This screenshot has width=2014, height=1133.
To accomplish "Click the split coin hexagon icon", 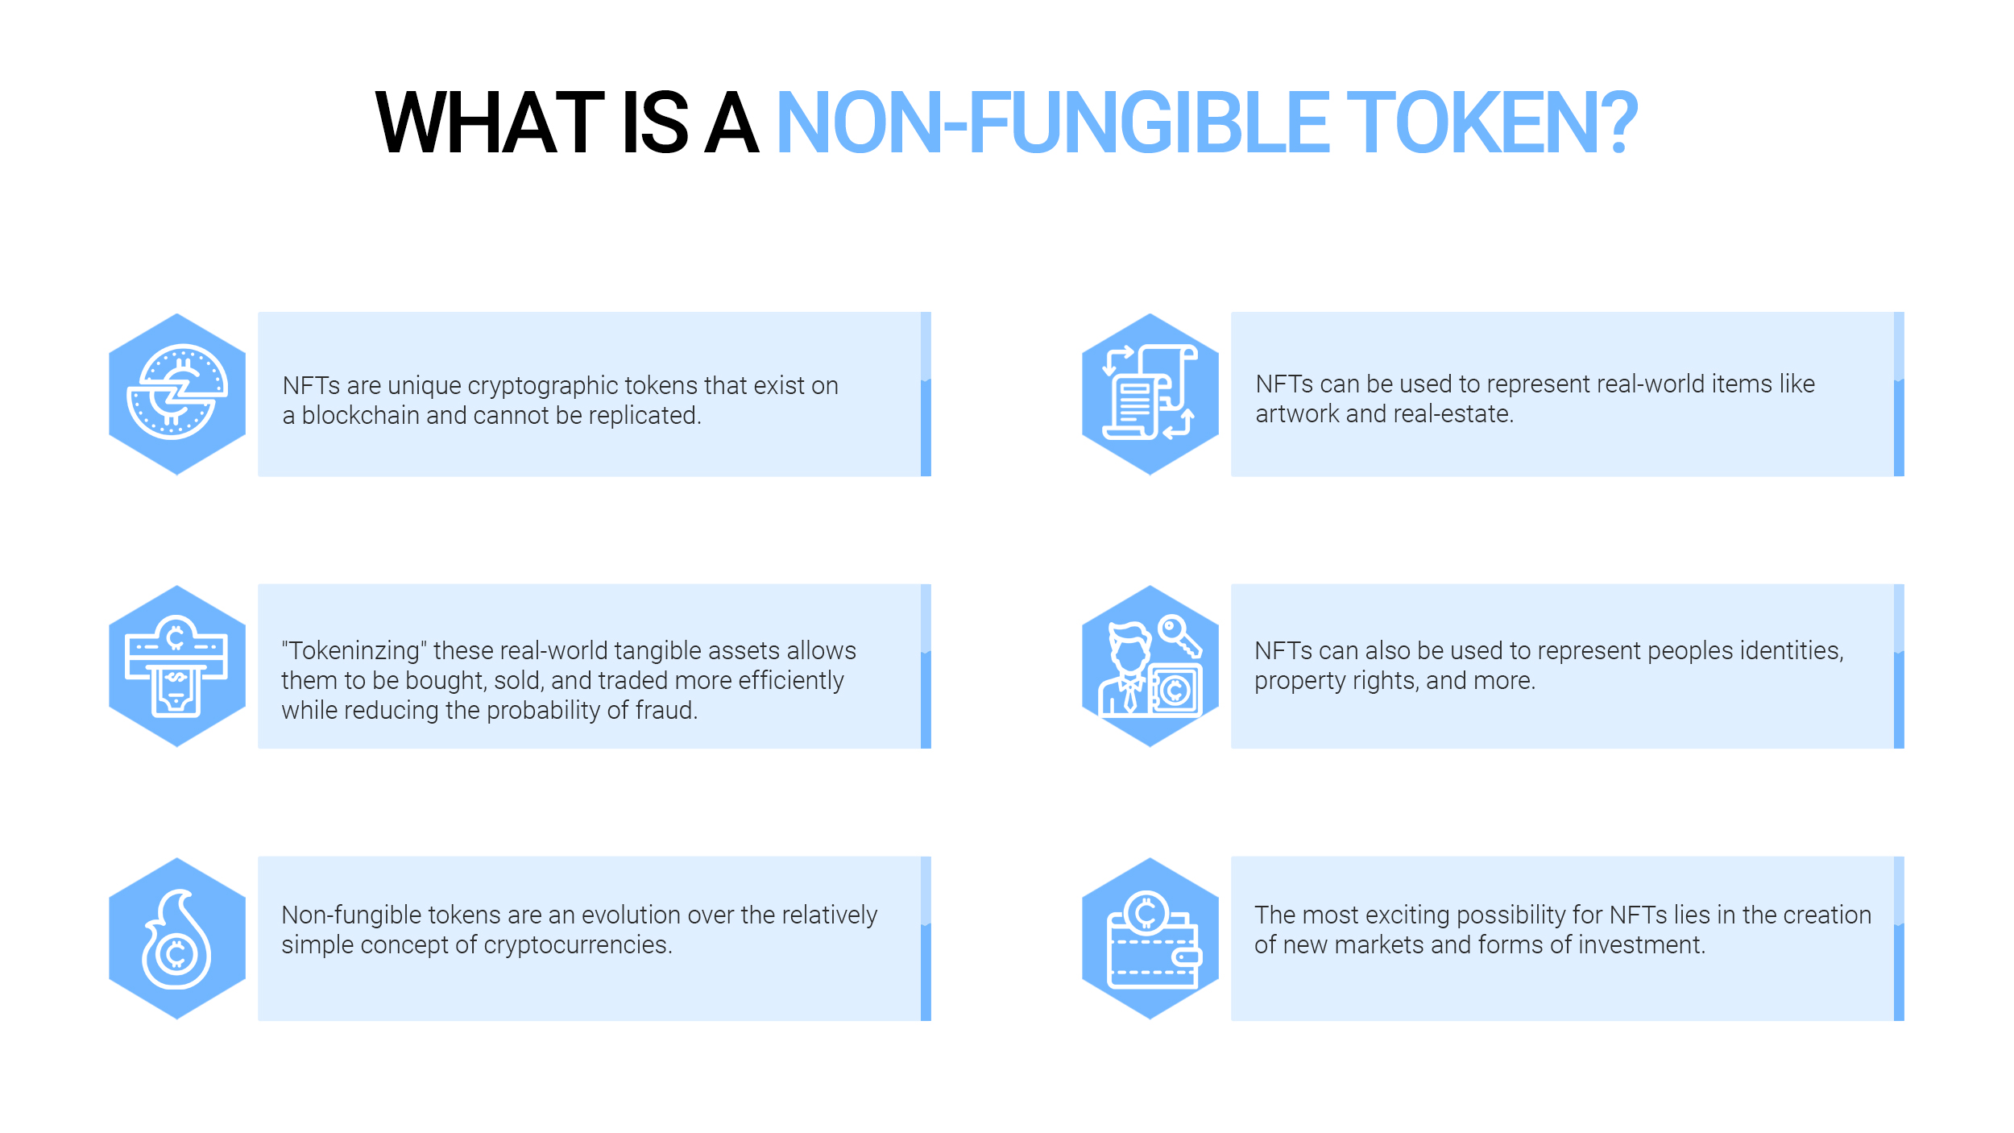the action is [x=177, y=394].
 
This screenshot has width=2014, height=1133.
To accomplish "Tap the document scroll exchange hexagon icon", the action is [x=1150, y=394].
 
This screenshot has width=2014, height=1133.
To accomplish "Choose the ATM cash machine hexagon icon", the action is [x=177, y=666].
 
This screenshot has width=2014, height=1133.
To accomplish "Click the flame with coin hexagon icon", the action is [x=177, y=939].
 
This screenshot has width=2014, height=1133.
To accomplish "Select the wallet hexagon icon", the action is [x=1150, y=939].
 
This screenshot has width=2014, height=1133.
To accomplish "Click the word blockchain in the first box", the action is [x=360, y=416].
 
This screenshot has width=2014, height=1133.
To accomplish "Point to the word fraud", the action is [x=666, y=711].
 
